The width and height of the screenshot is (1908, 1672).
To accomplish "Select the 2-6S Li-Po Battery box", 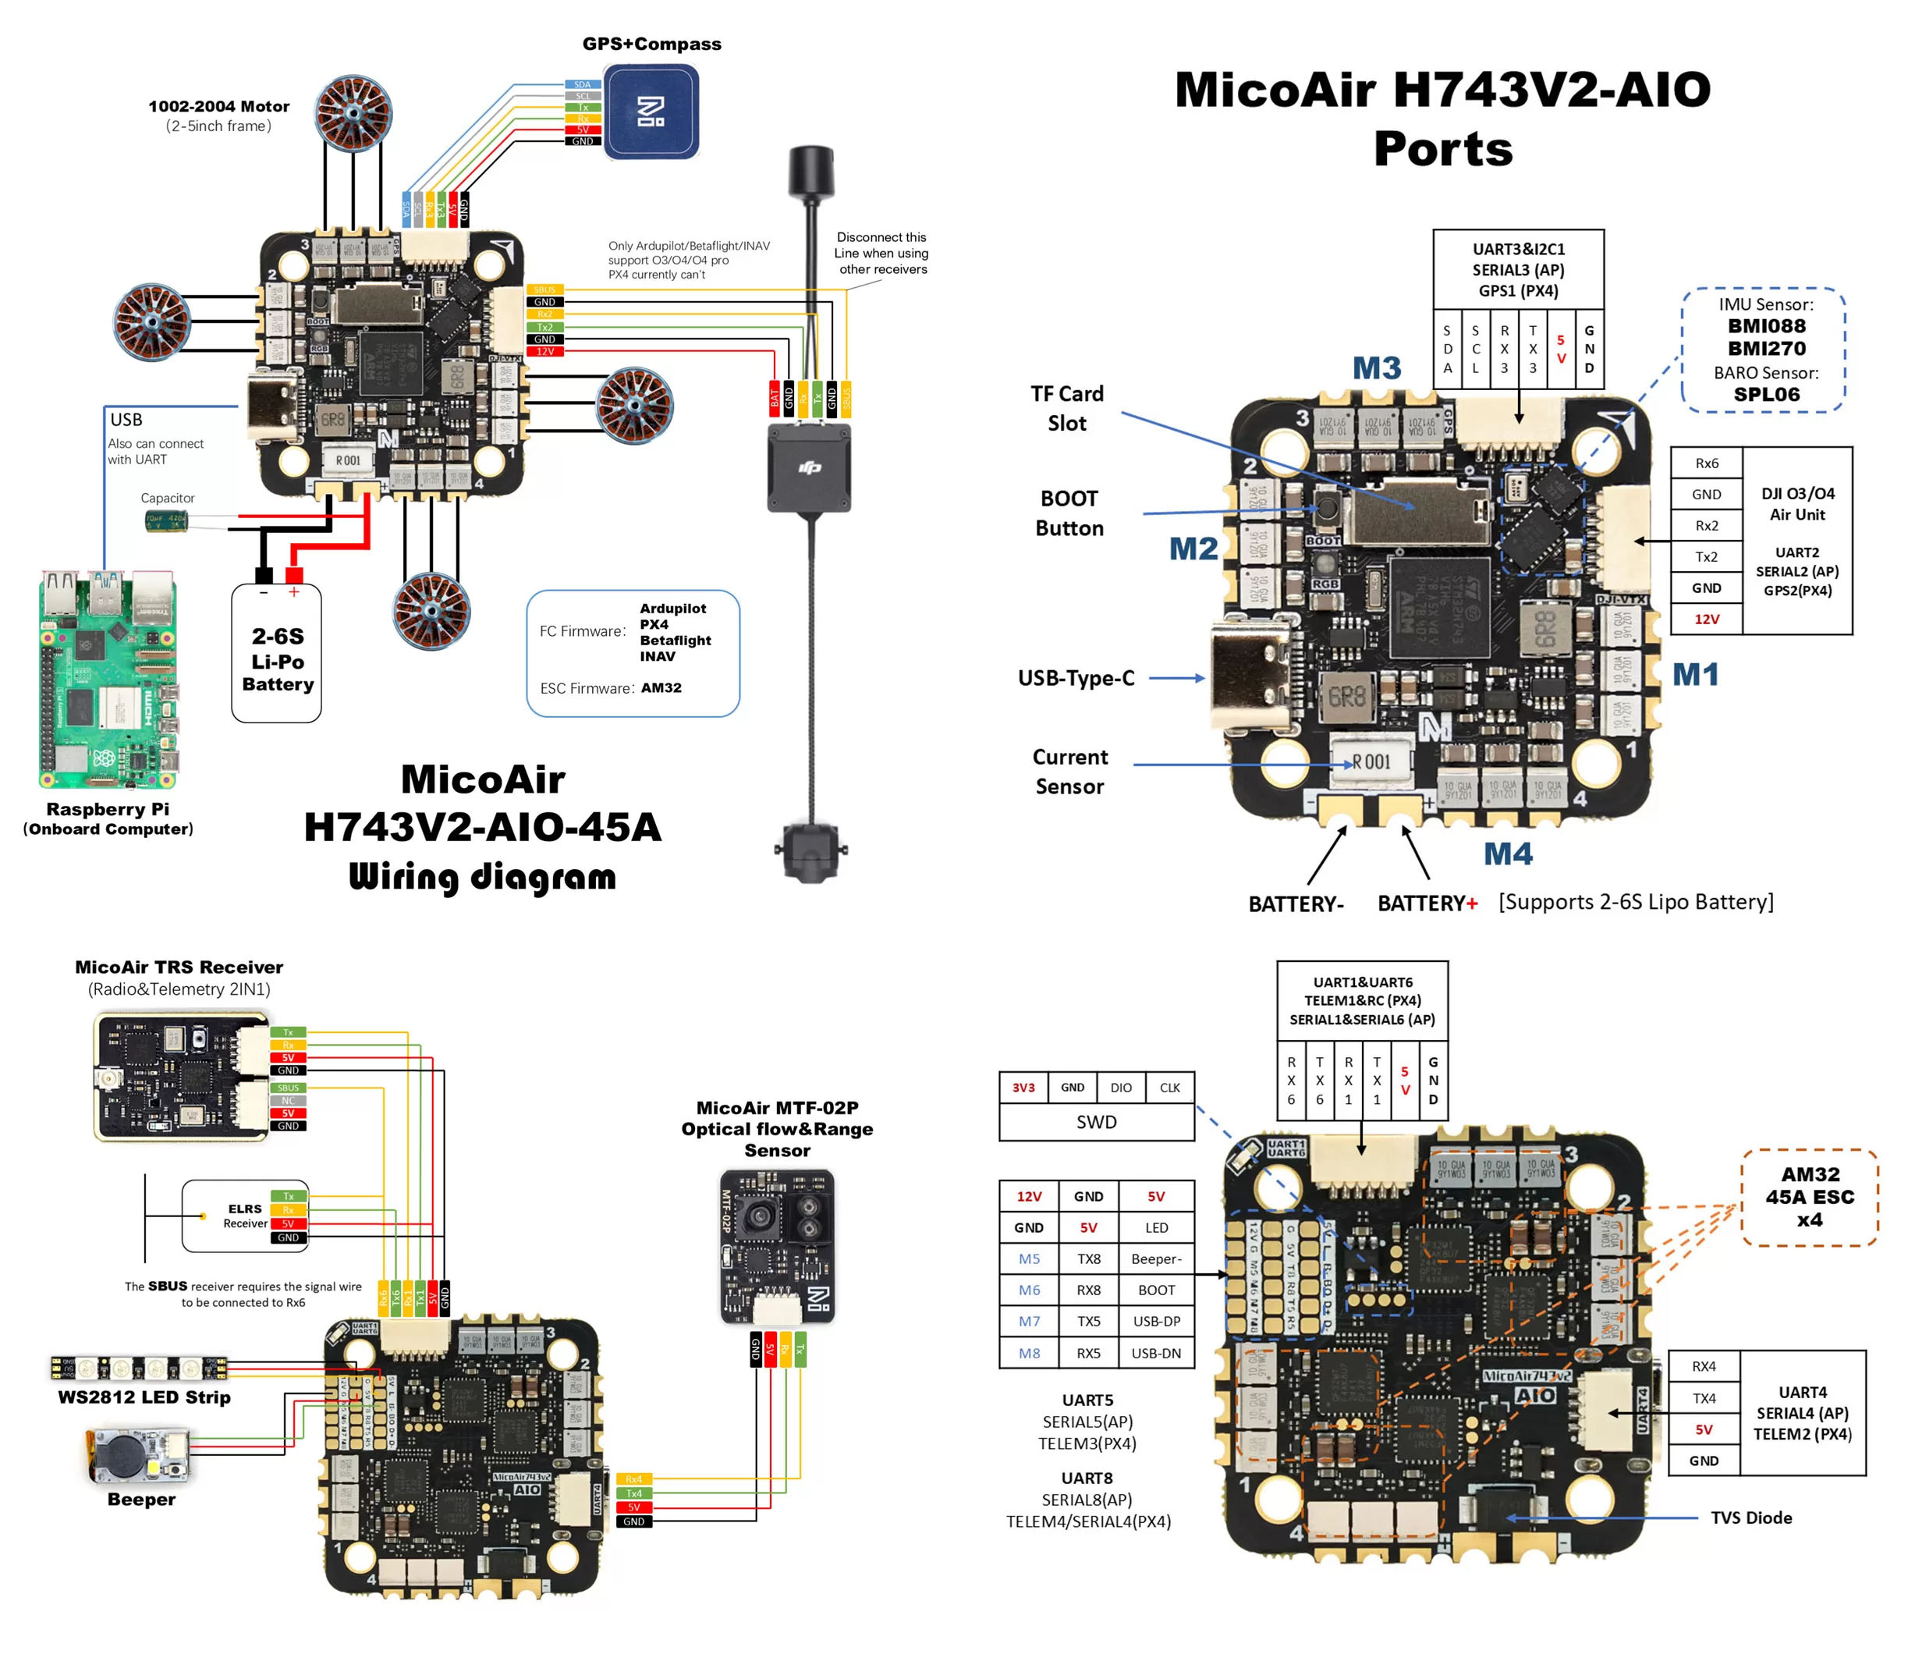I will tap(276, 653).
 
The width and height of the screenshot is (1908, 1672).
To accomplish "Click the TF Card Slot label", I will tap(1066, 408).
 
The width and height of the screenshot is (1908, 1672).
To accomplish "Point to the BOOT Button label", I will tap(1069, 513).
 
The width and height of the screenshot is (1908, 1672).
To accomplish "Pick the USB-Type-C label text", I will tap(1075, 677).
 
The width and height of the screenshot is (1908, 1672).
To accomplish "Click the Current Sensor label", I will tap(1069, 771).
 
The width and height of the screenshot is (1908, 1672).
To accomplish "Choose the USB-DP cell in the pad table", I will tap(1156, 1321).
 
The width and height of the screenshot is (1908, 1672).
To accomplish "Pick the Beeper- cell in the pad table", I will tap(1156, 1258).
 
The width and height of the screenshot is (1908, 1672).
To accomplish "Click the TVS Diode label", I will tap(1750, 1518).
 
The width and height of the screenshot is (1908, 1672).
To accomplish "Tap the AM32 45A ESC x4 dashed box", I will tap(1808, 1197).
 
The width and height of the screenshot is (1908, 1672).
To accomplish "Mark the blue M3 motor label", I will tap(1376, 367).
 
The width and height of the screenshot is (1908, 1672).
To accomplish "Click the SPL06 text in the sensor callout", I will tap(1766, 394).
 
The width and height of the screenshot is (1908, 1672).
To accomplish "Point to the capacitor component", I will tap(166, 520).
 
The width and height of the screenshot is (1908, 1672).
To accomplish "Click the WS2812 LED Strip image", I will tap(138, 1368).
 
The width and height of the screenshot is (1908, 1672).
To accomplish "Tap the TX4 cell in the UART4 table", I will tap(1704, 1397).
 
